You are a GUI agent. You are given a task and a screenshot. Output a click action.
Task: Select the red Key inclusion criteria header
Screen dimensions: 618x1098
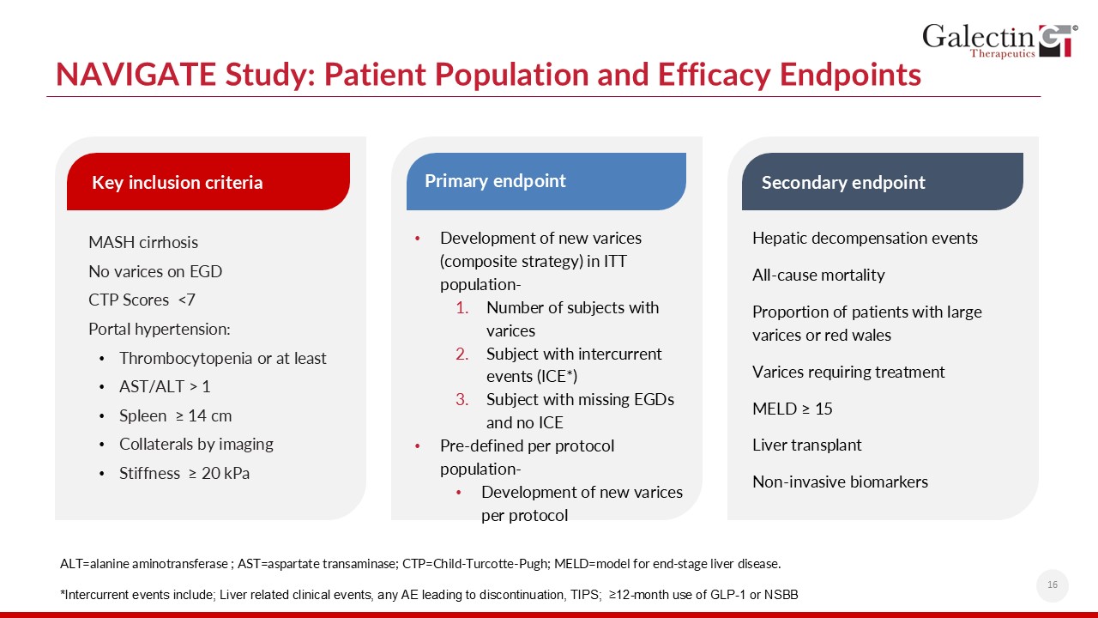pos(208,182)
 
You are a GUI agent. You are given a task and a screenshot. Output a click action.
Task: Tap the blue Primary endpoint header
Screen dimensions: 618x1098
pos(546,181)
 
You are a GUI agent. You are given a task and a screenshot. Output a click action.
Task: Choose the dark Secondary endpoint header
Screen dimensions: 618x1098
pos(882,182)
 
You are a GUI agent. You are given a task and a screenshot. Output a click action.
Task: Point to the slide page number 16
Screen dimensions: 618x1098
pos(1052,585)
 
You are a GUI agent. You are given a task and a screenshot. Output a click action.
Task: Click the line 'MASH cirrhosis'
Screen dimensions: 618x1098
pos(143,242)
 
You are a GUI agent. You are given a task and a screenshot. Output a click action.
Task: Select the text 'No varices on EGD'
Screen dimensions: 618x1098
pos(155,271)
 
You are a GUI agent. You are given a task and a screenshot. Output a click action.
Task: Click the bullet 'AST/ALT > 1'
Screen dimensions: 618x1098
pos(165,387)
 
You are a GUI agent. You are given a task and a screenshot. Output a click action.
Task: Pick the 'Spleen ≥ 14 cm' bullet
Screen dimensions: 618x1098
pos(176,415)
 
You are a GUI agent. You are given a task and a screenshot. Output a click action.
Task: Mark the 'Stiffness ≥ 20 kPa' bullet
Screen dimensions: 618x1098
pos(184,473)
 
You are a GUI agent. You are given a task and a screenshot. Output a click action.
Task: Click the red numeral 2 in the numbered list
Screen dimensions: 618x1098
pos(462,354)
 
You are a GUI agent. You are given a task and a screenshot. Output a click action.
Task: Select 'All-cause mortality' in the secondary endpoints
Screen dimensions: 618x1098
pos(818,275)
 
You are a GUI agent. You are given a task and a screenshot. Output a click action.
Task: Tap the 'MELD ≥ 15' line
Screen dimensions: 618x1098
pos(793,409)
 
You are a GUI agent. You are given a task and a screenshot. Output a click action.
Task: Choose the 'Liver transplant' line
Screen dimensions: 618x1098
pos(807,445)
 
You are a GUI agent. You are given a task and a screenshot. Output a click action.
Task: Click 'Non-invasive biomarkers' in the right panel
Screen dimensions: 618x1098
pos(840,482)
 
